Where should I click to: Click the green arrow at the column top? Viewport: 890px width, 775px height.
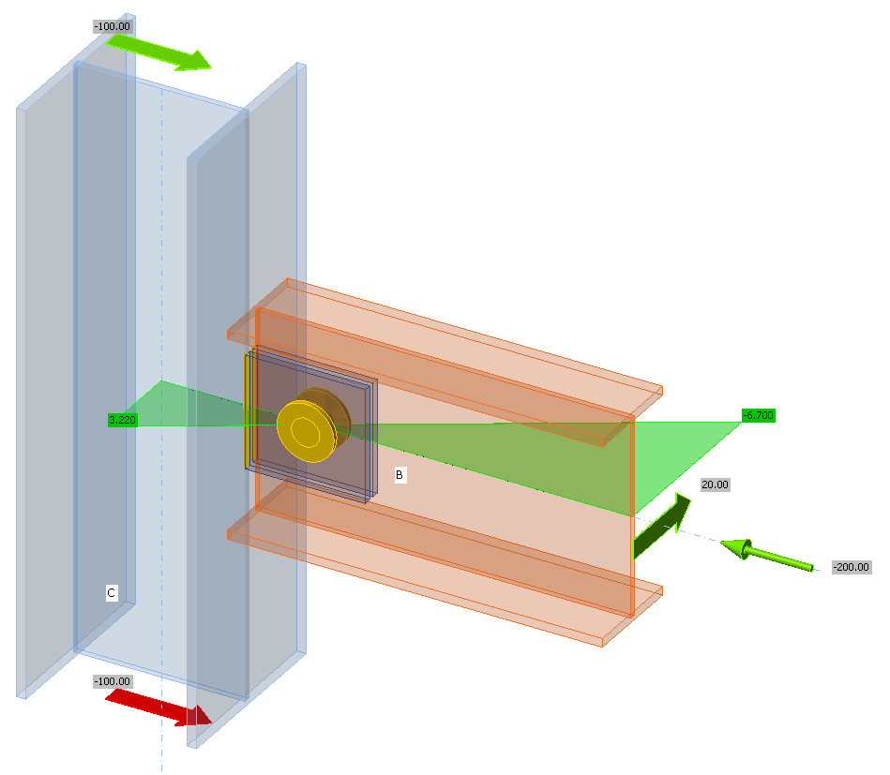pyautogui.click(x=159, y=52)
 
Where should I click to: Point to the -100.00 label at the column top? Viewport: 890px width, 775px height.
pyautogui.click(x=113, y=26)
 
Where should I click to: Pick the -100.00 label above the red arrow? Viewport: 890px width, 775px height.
pyautogui.click(x=113, y=681)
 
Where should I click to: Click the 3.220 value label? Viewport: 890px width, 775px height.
pyautogui.click(x=123, y=420)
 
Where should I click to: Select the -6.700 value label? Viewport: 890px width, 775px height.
pyautogui.click(x=758, y=414)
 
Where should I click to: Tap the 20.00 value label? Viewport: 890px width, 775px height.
pyautogui.click(x=715, y=484)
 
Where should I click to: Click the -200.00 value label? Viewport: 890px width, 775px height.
pyautogui.click(x=852, y=567)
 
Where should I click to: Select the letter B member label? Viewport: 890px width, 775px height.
pyautogui.click(x=400, y=475)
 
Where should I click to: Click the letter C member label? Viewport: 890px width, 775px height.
pyautogui.click(x=111, y=592)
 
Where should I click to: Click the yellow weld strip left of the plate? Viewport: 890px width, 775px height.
pyautogui.click(x=248, y=412)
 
